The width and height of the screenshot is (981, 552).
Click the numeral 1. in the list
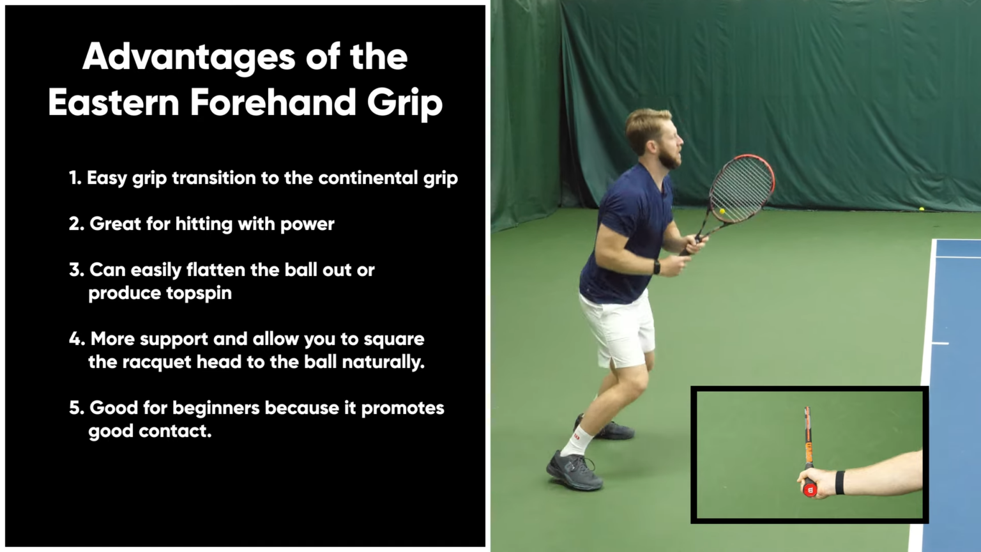point(75,178)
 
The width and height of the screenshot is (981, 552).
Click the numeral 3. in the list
point(77,270)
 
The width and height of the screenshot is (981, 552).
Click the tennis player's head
point(653,137)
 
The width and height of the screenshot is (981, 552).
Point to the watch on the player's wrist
point(657,267)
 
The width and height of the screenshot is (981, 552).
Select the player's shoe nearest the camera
point(573,471)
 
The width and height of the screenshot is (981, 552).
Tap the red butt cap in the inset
point(810,489)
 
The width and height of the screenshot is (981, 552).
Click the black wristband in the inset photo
point(839,482)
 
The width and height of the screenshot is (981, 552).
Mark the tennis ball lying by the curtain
point(922,209)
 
